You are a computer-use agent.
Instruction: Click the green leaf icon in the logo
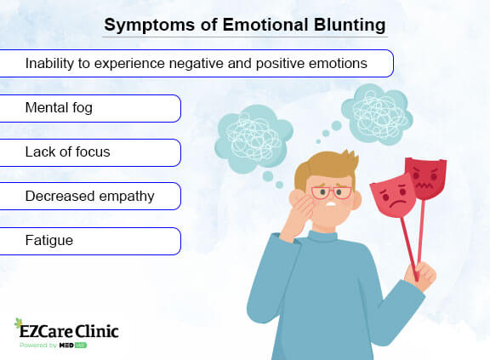click(20, 325)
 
